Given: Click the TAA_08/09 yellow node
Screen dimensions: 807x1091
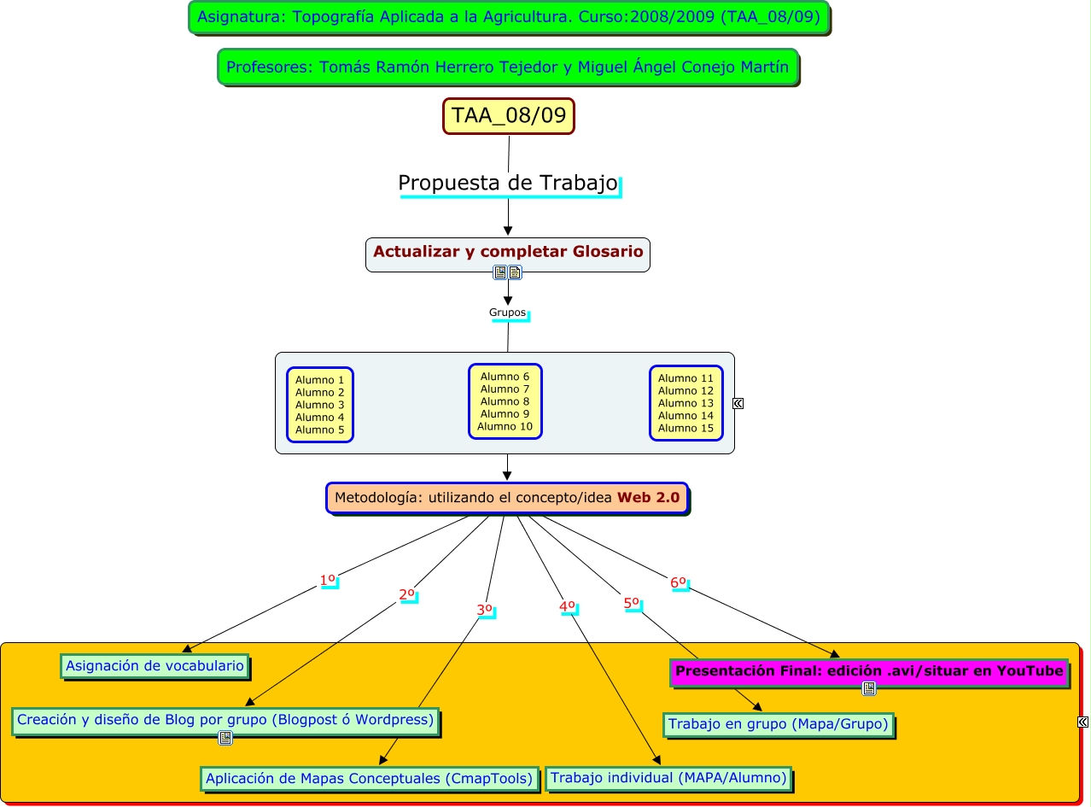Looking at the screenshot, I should (509, 116).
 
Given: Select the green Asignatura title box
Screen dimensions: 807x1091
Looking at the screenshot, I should (509, 17).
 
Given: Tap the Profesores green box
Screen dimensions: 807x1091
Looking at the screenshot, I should (508, 67).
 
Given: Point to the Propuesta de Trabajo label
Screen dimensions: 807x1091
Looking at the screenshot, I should (508, 184).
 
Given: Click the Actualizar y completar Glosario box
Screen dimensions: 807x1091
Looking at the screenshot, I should (508, 253).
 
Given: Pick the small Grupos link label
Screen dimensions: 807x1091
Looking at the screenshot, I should (508, 313).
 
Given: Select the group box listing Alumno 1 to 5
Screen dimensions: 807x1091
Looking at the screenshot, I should (320, 405).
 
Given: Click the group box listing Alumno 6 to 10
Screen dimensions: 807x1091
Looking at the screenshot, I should (505, 401).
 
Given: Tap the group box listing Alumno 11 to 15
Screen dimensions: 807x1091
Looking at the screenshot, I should (686, 403).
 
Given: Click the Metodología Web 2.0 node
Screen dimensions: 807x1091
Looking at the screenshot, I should (507, 498).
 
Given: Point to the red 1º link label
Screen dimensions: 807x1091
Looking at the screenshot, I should (328, 581).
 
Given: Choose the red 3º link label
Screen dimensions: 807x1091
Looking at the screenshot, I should (485, 610).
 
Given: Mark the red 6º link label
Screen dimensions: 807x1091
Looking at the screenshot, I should (679, 583).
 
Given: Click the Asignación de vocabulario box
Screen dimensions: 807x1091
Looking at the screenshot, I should (155, 666).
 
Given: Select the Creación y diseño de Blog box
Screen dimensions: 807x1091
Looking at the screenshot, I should (225, 720).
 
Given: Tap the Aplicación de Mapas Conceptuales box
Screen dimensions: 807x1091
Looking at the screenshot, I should (370, 779).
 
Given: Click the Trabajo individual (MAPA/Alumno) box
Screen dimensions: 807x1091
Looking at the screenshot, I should (668, 778).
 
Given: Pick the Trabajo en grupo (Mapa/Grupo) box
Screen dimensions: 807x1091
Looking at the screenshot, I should (778, 725).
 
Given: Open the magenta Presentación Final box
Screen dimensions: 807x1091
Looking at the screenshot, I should (869, 671).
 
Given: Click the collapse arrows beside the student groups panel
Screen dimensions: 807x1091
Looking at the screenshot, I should (738, 404).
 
